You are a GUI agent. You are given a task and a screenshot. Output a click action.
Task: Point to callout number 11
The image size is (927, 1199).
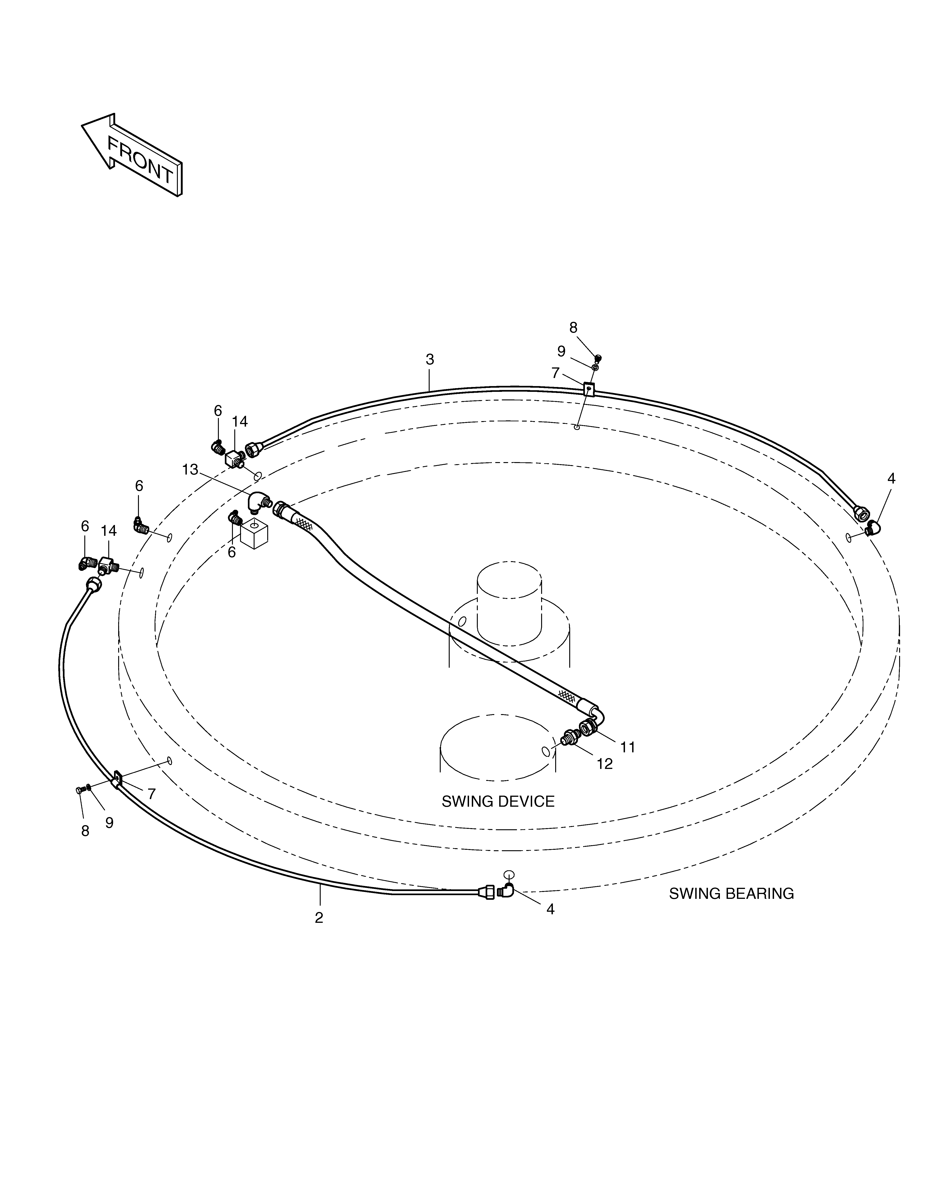pos(628,747)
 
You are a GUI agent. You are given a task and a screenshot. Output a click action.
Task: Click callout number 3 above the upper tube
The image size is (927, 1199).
pos(430,360)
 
